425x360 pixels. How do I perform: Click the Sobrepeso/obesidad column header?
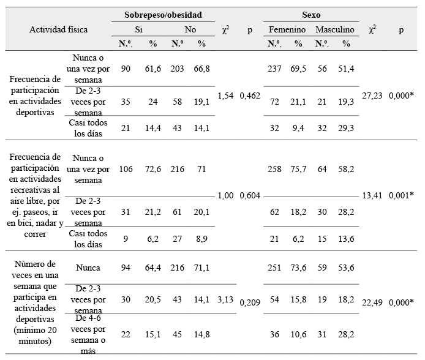pyautogui.click(x=162, y=14)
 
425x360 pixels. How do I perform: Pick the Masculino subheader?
pyautogui.click(x=335, y=29)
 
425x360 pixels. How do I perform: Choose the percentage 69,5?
pyautogui.click(x=298, y=69)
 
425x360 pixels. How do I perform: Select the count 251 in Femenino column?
pyautogui.click(x=274, y=267)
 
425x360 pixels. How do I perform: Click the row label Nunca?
pyautogui.click(x=89, y=268)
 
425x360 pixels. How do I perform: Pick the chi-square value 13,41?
pyautogui.click(x=373, y=195)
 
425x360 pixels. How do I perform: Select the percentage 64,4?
pyautogui.click(x=152, y=267)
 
